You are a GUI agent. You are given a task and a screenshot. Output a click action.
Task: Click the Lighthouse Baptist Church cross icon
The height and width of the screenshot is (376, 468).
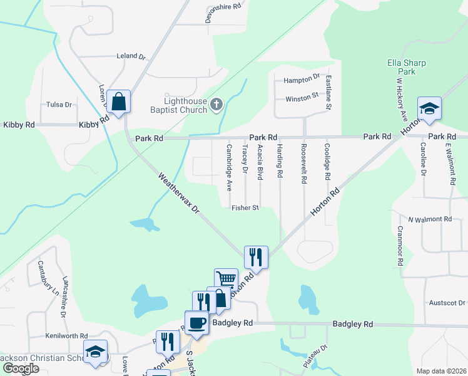click(x=216, y=104)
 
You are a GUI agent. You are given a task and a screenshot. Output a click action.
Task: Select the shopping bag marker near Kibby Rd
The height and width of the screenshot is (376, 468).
click(x=118, y=102)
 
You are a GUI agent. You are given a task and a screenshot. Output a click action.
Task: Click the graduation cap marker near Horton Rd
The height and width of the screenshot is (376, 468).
click(x=429, y=108)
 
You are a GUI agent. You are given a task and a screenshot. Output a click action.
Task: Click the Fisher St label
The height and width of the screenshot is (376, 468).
click(x=245, y=207)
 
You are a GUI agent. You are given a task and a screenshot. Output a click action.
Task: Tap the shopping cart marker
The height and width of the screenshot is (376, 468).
click(x=226, y=279)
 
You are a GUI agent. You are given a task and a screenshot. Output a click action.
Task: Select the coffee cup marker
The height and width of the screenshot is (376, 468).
click(x=196, y=322)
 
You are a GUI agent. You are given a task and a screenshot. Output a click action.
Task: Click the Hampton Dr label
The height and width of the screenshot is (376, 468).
click(x=302, y=81)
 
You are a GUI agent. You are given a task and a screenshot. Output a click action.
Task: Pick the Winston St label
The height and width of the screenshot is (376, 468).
click(x=302, y=98)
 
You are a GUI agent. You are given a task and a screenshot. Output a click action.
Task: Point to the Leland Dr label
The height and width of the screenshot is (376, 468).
click(x=131, y=56)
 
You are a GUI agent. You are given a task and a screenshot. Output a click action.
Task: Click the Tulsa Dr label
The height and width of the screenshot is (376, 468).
click(x=59, y=105)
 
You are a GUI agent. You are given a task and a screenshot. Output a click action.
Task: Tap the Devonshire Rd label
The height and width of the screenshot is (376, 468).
click(x=223, y=8)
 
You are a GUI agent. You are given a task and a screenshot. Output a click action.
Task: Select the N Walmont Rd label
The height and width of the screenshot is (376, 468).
click(x=430, y=219)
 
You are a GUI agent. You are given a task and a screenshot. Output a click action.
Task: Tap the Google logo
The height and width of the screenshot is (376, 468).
click(x=20, y=368)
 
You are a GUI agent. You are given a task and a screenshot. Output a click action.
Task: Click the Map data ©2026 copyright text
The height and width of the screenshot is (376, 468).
click(x=441, y=371)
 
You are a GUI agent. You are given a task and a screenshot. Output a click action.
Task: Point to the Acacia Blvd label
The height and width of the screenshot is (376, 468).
click(x=260, y=162)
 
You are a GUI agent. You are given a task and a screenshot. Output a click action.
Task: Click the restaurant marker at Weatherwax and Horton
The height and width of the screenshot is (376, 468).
click(x=256, y=256)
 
